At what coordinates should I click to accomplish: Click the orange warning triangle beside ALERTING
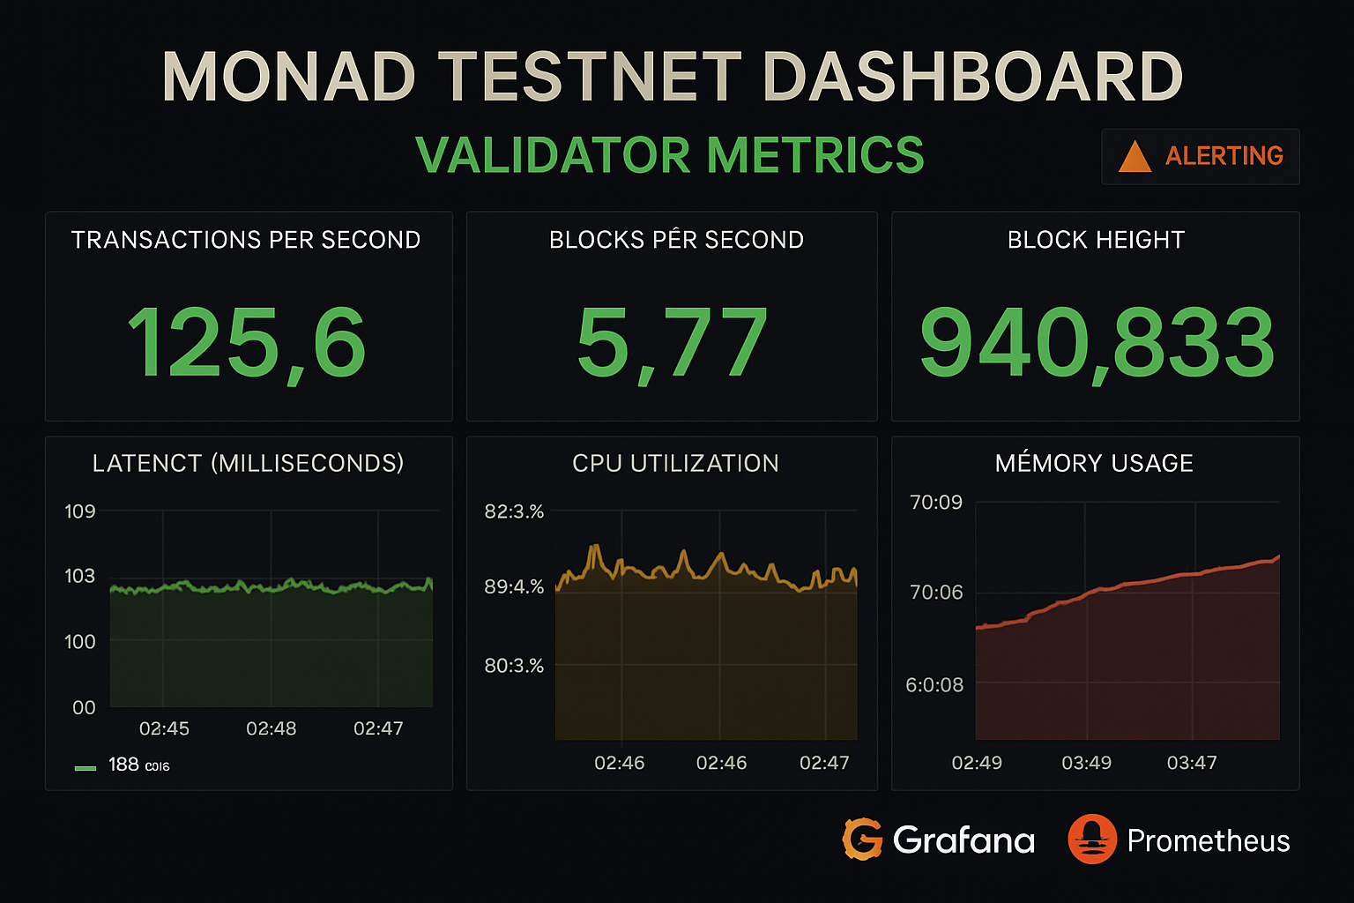click(x=1135, y=158)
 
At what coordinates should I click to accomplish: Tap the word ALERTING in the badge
click(x=1224, y=156)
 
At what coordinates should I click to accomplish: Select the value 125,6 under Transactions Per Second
click(x=247, y=343)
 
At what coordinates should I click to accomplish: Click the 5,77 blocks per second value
click(x=672, y=343)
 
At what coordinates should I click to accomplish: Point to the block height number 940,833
click(x=1096, y=343)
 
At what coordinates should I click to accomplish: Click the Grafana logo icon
click(x=862, y=839)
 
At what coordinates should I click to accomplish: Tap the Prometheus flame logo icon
click(x=1092, y=839)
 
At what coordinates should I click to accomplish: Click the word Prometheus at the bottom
click(x=1208, y=840)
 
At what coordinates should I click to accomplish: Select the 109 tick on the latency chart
click(x=79, y=511)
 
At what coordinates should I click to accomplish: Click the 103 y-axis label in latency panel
click(x=79, y=576)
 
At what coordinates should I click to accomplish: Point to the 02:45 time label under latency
click(x=164, y=728)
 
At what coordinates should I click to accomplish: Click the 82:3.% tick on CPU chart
click(x=514, y=511)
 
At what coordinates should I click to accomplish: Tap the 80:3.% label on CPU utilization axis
click(x=514, y=666)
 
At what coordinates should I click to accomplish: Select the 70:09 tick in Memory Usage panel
click(x=936, y=503)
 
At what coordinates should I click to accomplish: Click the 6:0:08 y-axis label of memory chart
click(x=934, y=685)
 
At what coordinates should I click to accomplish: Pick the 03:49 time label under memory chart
click(x=1086, y=763)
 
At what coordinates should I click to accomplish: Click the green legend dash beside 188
click(x=86, y=768)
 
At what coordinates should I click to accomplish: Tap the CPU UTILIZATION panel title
click(x=675, y=463)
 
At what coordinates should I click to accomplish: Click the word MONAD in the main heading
click(x=288, y=78)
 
